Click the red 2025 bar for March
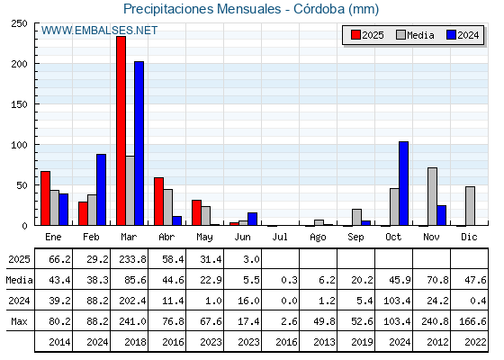pyautogui.click(x=121, y=130)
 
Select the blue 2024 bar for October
pyautogui.click(x=403, y=184)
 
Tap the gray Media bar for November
pyautogui.click(x=432, y=196)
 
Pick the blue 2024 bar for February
pyautogui.click(x=101, y=190)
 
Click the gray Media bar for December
pyautogui.click(x=470, y=206)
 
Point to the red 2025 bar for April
pyautogui.click(x=158, y=202)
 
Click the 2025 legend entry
pyautogui.click(x=367, y=35)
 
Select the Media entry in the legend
pyautogui.click(x=415, y=35)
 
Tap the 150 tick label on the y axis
pyautogui.click(x=19, y=104)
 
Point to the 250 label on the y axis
pyautogui.click(x=19, y=23)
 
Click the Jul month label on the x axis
pyautogui.click(x=280, y=238)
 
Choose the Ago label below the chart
pyautogui.click(x=318, y=238)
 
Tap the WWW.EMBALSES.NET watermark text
pyautogui.click(x=99, y=31)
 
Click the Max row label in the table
pyautogui.click(x=19, y=321)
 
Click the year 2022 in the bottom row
pyautogui.click(x=475, y=342)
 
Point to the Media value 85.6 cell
pyautogui.click(x=135, y=280)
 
